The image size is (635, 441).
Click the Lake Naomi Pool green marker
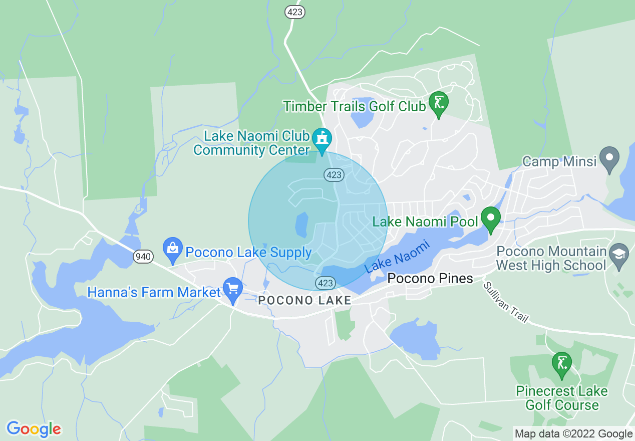click(491, 219)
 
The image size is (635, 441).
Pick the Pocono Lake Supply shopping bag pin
click(173, 249)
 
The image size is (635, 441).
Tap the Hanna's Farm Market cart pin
click(233, 290)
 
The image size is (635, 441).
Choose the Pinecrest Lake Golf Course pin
click(561, 364)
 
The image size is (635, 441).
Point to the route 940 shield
click(143, 257)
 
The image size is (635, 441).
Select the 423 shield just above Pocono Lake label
click(325, 283)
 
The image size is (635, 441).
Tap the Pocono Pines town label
click(431, 279)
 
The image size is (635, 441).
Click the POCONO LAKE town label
click(304, 300)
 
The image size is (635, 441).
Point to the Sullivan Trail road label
click(506, 302)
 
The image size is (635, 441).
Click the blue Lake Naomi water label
click(398, 256)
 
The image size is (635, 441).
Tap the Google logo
click(34, 429)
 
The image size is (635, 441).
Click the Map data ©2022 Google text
click(573, 433)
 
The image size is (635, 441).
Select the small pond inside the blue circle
click(301, 225)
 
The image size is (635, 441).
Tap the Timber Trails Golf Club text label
click(354, 106)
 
